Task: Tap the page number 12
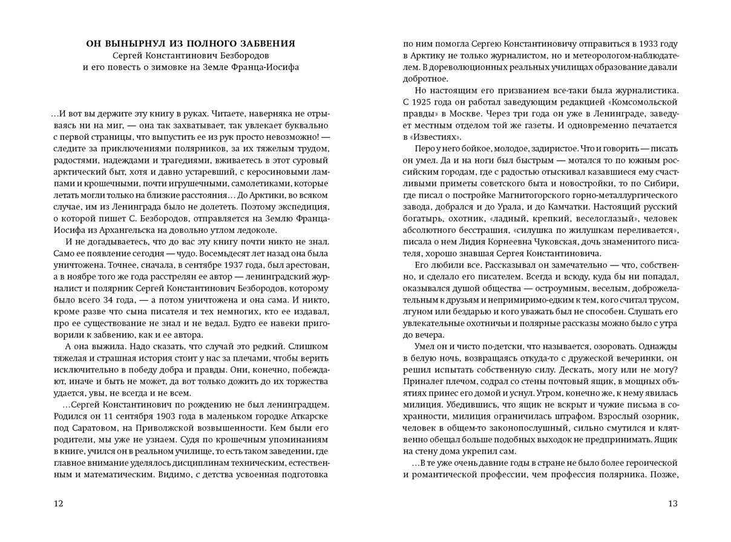(58, 503)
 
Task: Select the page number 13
(673, 503)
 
